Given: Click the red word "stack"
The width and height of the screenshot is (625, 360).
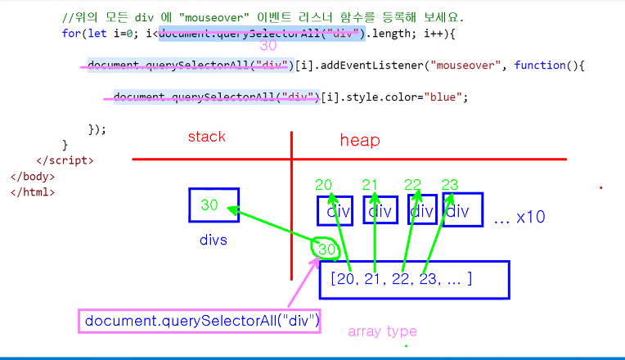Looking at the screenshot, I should tap(206, 137).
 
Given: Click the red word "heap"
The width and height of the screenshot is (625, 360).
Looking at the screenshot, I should tap(360, 141).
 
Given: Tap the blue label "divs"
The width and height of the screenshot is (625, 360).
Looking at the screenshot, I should tap(213, 241).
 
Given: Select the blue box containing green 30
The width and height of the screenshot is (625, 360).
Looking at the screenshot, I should tap(214, 205).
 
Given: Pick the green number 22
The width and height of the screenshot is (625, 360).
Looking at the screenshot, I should tap(413, 185).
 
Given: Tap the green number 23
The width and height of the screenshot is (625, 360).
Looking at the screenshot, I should tap(450, 185).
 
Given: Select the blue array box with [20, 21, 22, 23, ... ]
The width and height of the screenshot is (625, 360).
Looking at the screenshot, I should tap(414, 279).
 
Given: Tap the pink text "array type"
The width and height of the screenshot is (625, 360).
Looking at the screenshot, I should tap(382, 331).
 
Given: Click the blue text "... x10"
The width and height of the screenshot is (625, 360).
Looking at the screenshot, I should tap(519, 218).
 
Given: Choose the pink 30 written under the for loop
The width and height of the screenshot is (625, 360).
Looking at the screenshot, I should tap(268, 47).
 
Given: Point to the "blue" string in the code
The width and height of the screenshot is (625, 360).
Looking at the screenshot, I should tap(444, 97).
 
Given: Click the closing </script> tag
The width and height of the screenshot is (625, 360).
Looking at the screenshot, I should tap(65, 160).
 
